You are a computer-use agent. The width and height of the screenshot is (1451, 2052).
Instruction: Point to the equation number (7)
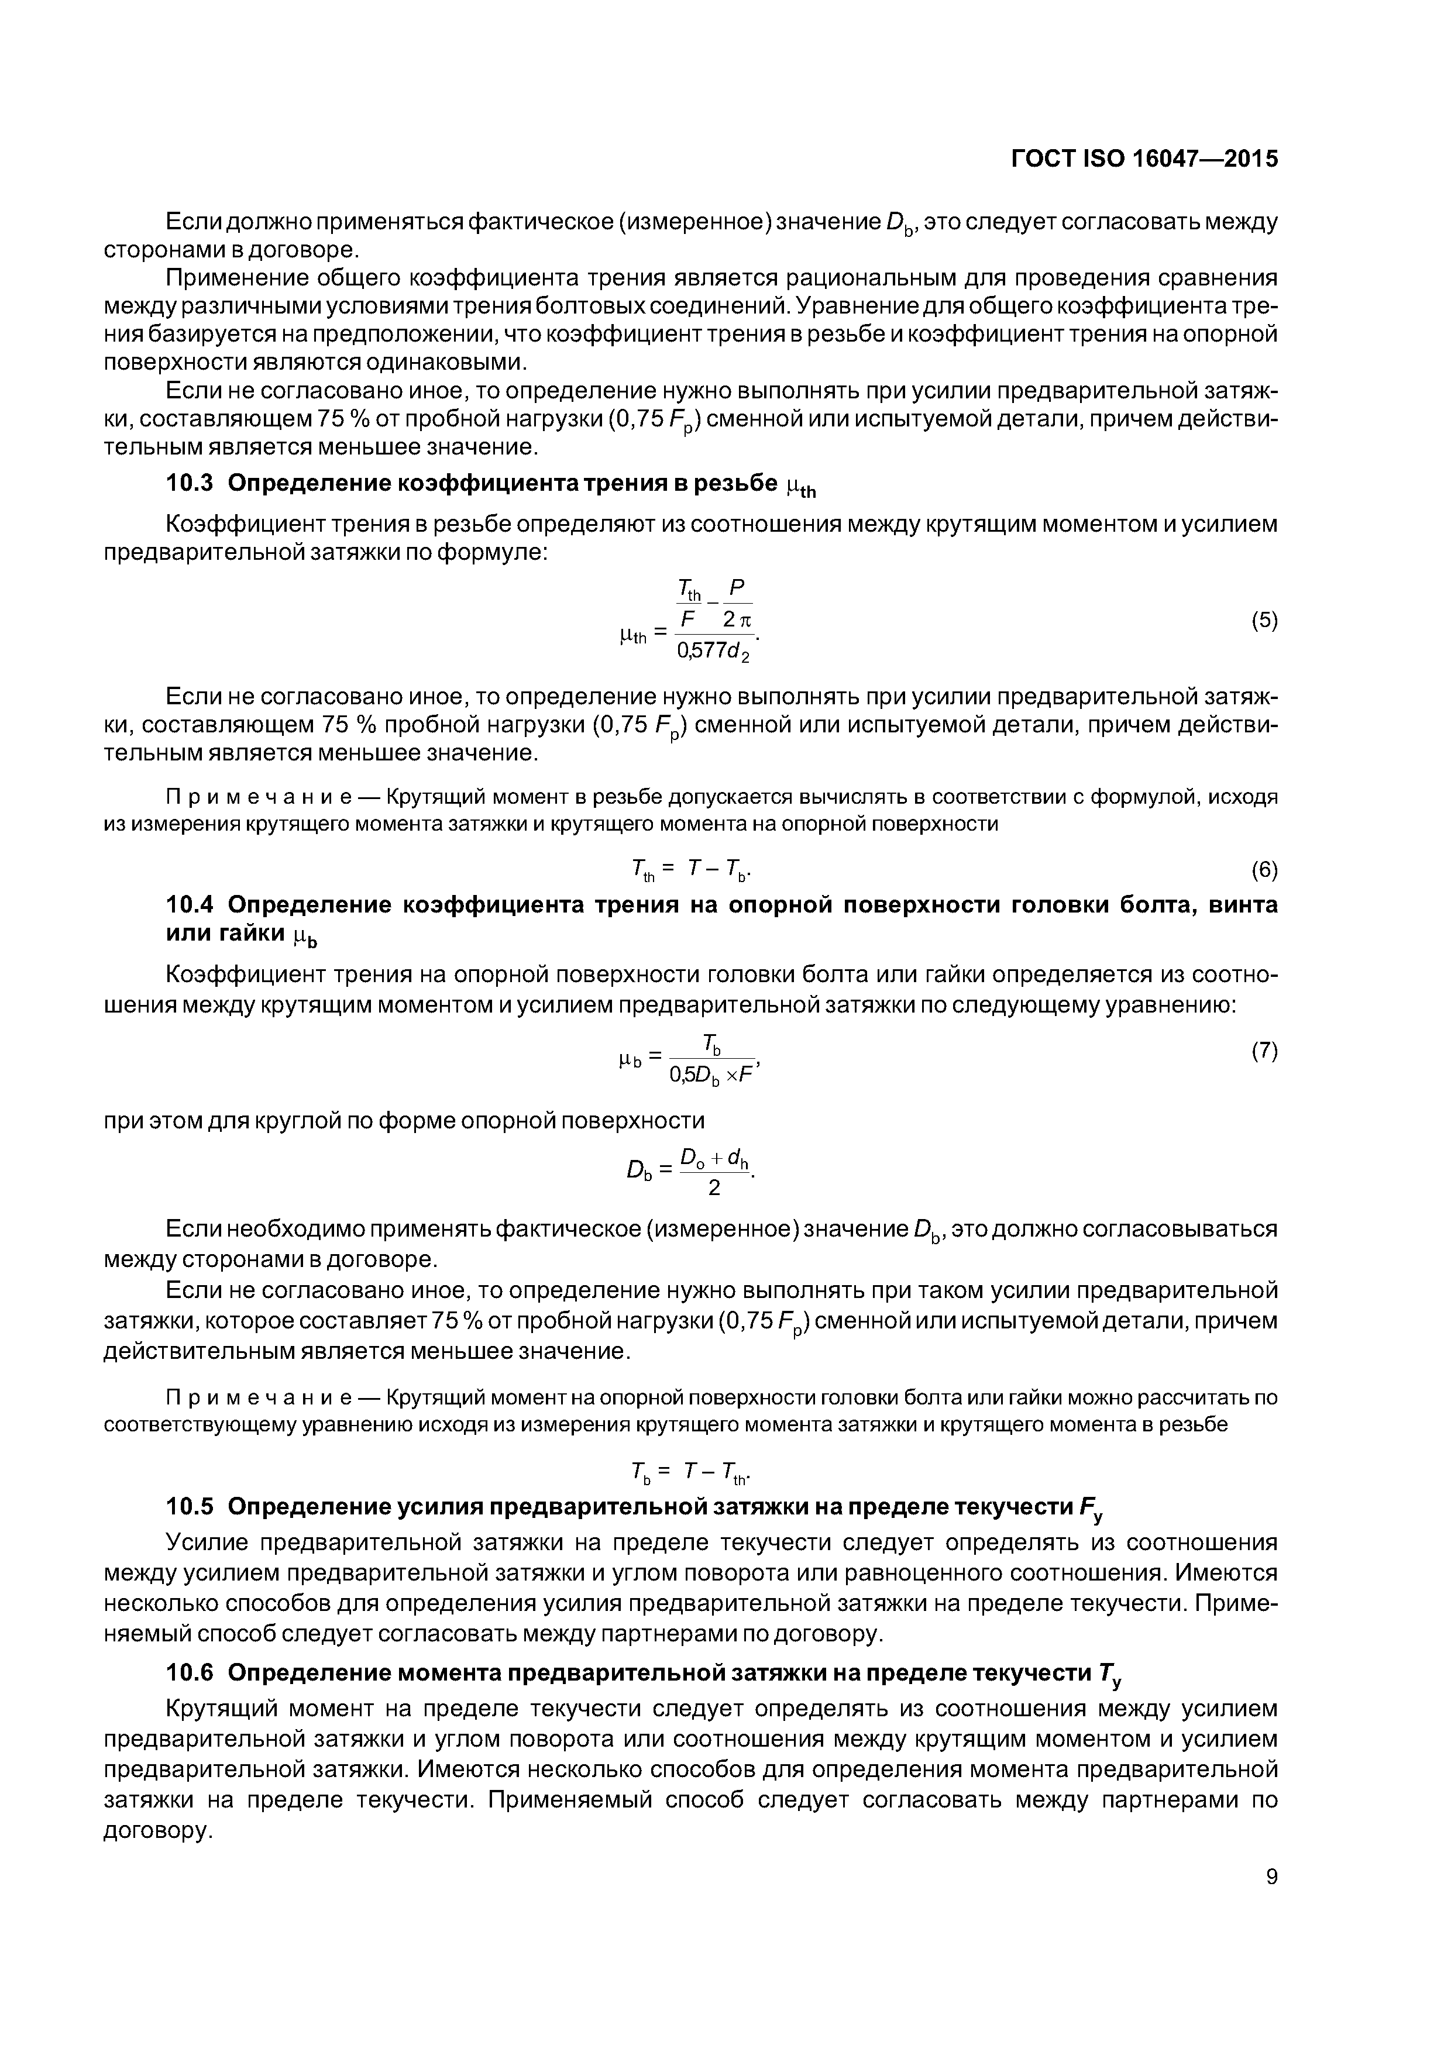pyautogui.click(x=1263, y=1051)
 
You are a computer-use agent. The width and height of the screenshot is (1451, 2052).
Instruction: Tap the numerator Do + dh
pyautogui.click(x=714, y=1159)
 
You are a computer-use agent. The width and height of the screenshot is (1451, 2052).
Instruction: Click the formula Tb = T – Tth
pyautogui.click(x=691, y=1471)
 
